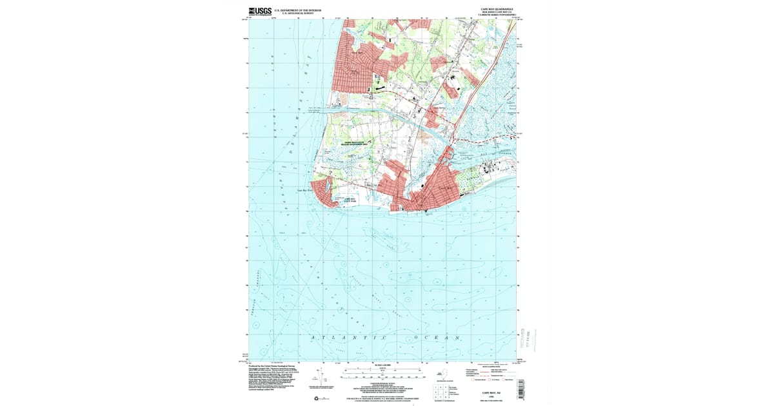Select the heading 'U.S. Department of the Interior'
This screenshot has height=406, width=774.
tap(298, 10)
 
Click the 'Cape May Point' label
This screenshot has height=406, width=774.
tap(304, 191)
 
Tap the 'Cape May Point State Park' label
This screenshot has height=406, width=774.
tap(349, 201)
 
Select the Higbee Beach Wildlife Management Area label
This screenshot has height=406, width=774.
tap(354, 145)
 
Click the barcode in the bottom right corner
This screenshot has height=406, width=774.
tap(520, 389)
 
